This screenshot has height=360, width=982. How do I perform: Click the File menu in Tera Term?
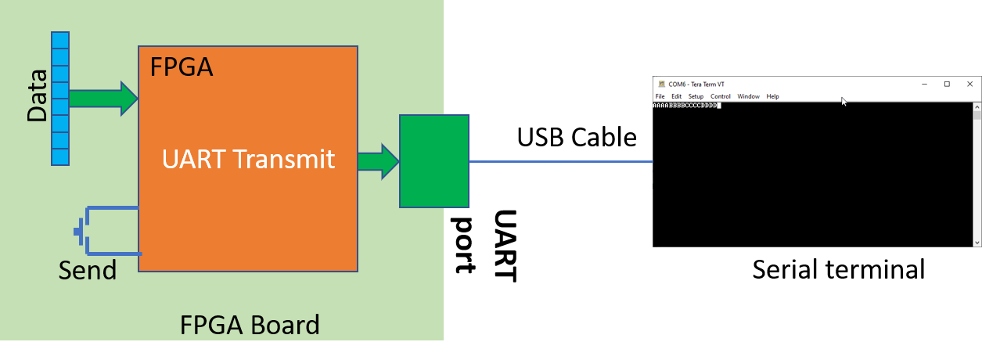coord(660,96)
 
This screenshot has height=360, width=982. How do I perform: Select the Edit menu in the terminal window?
coord(676,96)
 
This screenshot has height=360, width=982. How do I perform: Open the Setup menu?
coord(696,96)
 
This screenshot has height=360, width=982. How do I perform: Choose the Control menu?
coord(721,96)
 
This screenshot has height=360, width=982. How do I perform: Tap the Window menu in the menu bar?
coord(748,96)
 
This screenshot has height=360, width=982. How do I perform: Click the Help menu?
coord(772,96)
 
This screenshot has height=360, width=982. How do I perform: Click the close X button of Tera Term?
coord(970,84)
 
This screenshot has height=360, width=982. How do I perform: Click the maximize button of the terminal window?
coord(947,84)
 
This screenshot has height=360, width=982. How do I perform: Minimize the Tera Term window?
coord(924,84)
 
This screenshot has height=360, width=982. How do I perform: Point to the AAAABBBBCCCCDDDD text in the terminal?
coord(685,105)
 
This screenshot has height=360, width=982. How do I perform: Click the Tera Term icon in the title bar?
coord(661,84)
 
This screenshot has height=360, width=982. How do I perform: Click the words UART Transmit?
coord(248,160)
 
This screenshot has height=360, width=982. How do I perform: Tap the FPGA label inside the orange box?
coord(182,67)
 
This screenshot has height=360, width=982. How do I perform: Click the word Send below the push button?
coord(88,271)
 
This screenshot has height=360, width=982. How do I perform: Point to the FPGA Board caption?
coord(250,325)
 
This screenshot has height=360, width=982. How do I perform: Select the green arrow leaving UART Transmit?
coord(378,161)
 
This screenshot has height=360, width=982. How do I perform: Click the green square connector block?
coord(434,161)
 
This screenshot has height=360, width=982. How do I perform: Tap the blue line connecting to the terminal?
coord(563,162)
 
